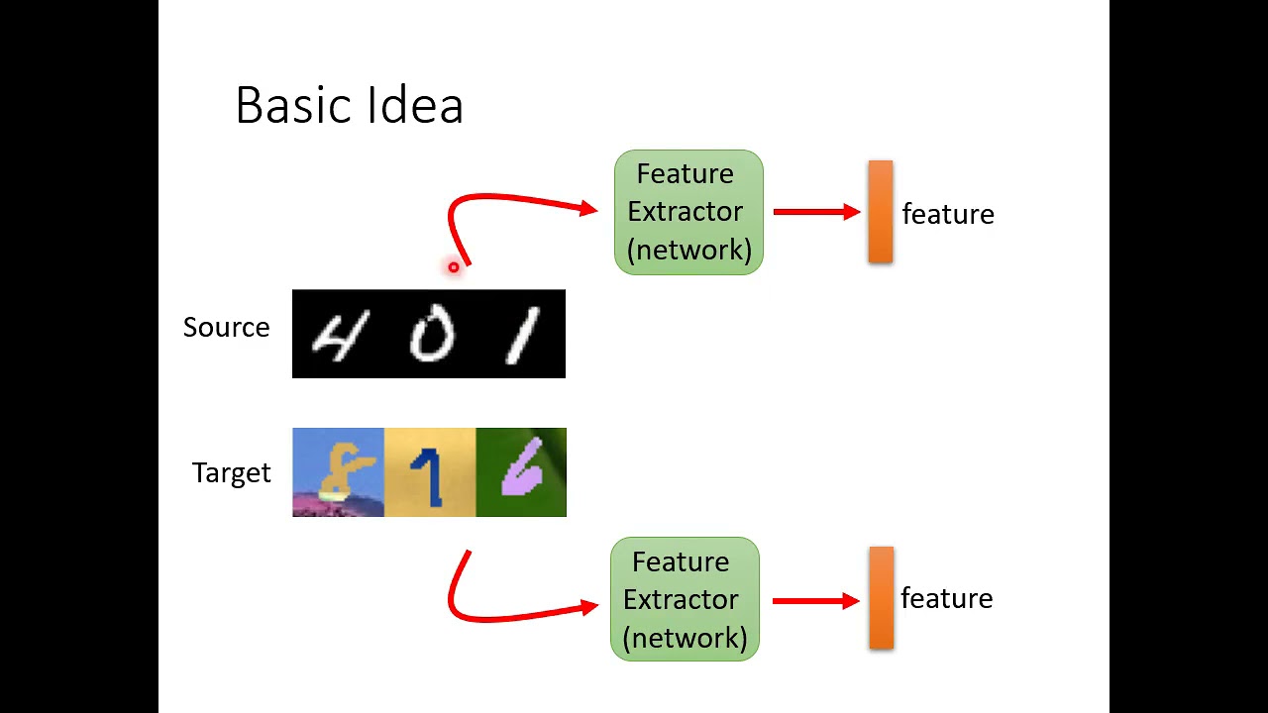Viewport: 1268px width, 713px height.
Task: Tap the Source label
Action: (x=226, y=328)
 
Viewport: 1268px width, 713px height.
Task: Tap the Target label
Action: (x=231, y=473)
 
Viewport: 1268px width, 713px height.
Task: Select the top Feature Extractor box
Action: (x=688, y=212)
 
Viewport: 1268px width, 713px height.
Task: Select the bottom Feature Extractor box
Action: (x=685, y=599)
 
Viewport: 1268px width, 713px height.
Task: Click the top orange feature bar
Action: (x=880, y=212)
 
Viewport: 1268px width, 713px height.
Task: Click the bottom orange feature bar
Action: (x=881, y=598)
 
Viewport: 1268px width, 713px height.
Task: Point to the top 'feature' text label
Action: (x=947, y=214)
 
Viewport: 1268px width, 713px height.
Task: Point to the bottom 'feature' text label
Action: (x=946, y=598)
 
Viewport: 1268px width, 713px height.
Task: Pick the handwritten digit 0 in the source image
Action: (x=432, y=335)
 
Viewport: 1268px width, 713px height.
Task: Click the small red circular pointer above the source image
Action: (x=454, y=266)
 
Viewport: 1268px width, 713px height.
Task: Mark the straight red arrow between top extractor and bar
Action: (x=816, y=212)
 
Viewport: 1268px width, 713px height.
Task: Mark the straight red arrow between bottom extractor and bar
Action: (x=815, y=600)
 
